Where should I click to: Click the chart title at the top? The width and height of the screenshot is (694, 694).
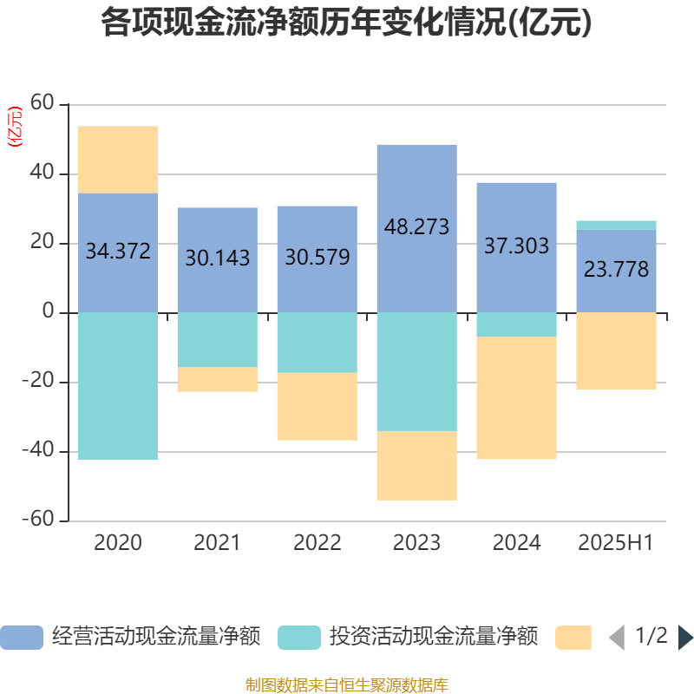click(x=346, y=23)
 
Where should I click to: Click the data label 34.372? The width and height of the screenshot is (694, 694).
click(x=118, y=252)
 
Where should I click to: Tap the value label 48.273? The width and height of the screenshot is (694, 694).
click(x=416, y=227)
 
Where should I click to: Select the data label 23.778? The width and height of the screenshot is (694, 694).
click(x=616, y=270)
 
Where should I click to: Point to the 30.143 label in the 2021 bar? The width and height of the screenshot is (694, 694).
click(x=217, y=258)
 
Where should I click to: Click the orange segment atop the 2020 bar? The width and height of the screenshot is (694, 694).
click(x=118, y=160)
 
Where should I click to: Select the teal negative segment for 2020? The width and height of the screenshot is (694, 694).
click(x=118, y=386)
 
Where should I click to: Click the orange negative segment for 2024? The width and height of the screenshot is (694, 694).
click(x=516, y=398)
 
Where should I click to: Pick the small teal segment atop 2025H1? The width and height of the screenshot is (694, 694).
click(x=616, y=225)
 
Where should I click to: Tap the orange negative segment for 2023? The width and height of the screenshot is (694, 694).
click(x=416, y=466)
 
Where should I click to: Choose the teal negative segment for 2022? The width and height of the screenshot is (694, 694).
click(x=317, y=343)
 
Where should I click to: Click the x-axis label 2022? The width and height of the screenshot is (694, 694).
click(x=317, y=543)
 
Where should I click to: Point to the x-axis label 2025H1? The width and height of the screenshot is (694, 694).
click(x=616, y=543)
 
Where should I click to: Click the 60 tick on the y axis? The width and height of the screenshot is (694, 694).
click(x=43, y=105)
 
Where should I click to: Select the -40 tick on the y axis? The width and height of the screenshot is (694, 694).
click(x=40, y=451)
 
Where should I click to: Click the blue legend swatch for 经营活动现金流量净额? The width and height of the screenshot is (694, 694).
click(x=22, y=638)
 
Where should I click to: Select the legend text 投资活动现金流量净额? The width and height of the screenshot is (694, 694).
click(x=434, y=638)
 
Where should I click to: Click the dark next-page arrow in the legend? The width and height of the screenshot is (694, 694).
click(x=684, y=638)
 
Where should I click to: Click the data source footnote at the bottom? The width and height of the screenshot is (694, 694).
click(x=346, y=685)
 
